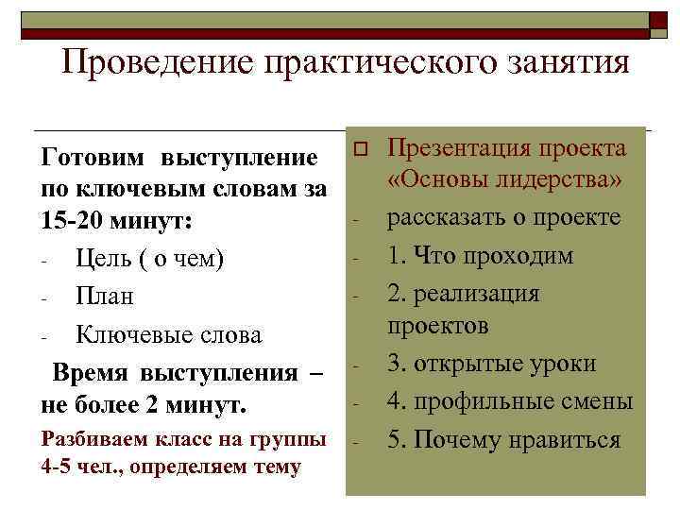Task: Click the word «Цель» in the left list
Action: pyautogui.click(x=103, y=258)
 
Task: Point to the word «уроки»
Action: pyautogui.click(x=563, y=364)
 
